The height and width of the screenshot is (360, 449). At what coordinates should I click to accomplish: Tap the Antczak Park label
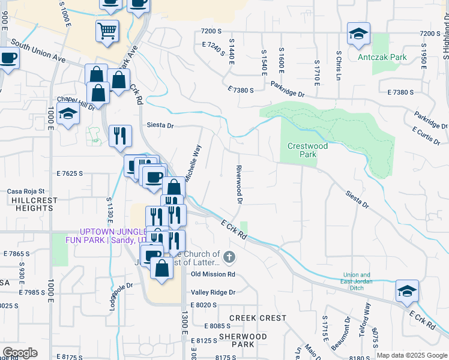pos(382,58)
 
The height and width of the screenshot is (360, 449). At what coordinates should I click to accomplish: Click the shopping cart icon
pos(107,31)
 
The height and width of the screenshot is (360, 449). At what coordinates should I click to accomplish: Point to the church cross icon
pos(229,258)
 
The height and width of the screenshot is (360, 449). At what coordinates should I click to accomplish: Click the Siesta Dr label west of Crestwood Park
pos(160,125)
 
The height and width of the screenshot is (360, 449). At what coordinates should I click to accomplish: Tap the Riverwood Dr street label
pos(238,185)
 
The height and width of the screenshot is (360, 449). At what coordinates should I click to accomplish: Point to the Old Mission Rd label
pos(213,274)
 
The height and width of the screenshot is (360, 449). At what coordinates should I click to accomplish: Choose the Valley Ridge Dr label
pos(214,292)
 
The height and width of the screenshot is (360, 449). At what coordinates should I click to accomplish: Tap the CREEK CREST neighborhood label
pos(261,317)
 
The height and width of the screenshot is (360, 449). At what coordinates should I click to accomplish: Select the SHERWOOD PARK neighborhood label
pos(243,341)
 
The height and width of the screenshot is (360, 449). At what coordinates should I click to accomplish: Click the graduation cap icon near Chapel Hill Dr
pos(68,114)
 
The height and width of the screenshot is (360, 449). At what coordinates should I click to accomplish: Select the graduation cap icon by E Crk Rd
pos(407,292)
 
